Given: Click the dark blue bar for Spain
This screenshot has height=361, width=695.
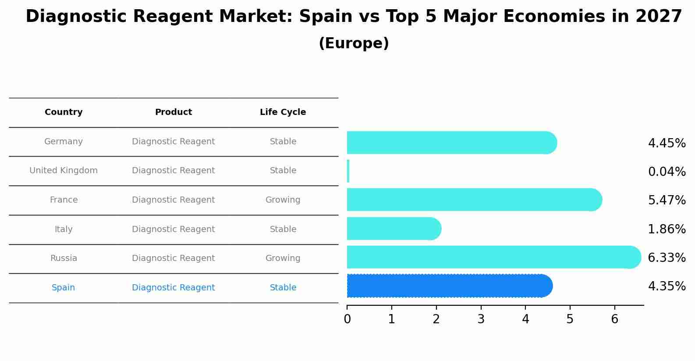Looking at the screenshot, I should [449, 286].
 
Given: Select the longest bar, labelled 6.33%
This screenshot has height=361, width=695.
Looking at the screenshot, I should [493, 257].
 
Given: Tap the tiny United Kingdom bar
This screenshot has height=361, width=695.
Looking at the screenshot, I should [348, 171].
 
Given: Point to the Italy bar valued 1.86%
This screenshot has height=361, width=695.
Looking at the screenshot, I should [394, 229].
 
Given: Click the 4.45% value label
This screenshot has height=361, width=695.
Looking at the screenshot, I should [667, 143].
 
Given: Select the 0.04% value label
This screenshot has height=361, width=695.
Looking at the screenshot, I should [667, 172].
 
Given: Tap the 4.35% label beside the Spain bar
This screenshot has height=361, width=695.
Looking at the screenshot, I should [667, 286].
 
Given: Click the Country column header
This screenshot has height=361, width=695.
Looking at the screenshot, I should [64, 112].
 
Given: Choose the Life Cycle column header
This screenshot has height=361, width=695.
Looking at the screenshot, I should [283, 112].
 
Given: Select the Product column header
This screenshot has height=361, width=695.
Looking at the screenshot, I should [173, 112].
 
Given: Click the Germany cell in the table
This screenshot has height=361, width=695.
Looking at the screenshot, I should [64, 142].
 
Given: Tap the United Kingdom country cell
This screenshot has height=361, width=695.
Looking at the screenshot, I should [64, 171].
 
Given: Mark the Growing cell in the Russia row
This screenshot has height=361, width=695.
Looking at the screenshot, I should [283, 258].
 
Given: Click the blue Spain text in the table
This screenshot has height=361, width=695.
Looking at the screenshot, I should [64, 288].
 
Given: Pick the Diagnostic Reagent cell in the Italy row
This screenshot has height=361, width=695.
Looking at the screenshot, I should [173, 229].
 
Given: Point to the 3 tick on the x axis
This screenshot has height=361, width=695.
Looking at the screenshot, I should [481, 319].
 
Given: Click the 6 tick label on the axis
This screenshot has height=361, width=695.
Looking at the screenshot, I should [614, 319].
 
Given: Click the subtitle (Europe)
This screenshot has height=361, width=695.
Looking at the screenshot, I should [354, 43].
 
